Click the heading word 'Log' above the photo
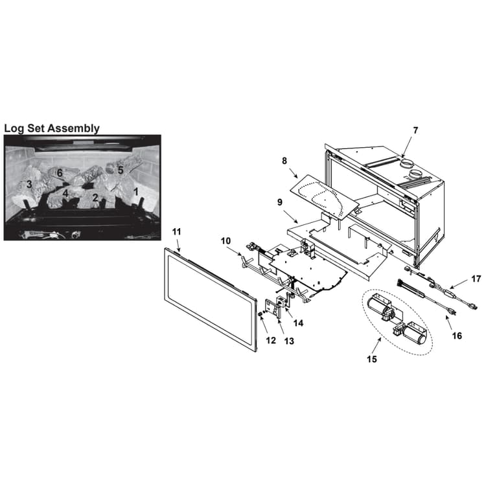14,128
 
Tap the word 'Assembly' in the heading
75,128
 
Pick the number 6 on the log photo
60,173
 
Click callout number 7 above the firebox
415,131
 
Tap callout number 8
284,161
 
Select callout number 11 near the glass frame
176,231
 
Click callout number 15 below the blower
372,359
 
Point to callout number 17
476,279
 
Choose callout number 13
289,341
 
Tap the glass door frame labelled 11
210,299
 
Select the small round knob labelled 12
260,314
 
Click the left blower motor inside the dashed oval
380,307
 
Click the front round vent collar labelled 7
416,174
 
